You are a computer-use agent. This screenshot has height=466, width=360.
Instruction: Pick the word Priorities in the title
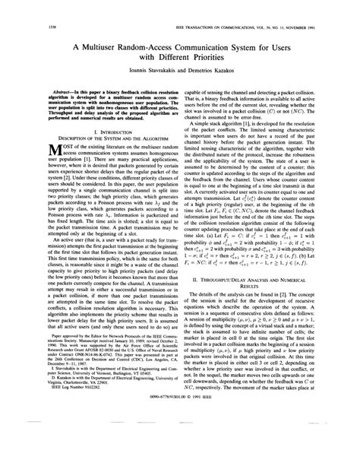point(213,59)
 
